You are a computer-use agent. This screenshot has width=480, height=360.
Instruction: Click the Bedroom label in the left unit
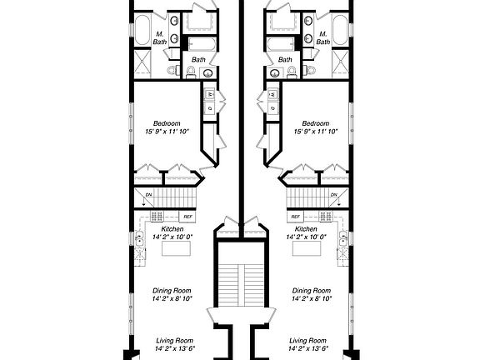[167, 122]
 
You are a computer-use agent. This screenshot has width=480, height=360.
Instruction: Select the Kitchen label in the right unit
[306, 229]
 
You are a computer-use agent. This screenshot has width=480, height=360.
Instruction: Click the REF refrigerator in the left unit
[188, 217]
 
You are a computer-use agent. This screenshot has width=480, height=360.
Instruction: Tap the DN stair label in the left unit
[148, 196]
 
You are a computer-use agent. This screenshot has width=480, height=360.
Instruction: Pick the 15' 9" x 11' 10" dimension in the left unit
[167, 132]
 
